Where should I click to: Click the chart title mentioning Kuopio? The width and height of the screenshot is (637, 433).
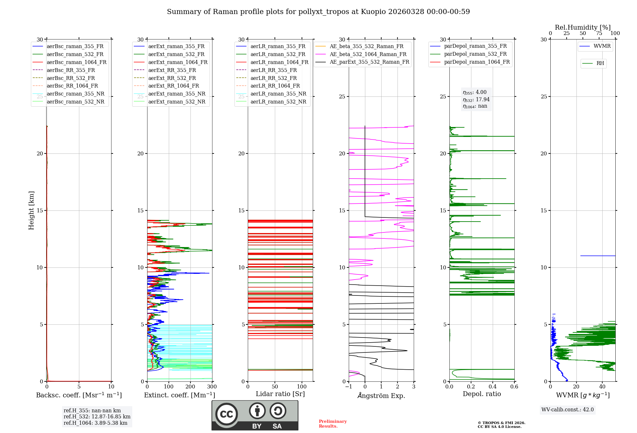coord(318,12)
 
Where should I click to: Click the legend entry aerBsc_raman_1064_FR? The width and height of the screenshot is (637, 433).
coord(76,62)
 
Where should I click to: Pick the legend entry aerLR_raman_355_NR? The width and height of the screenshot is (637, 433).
coord(278,94)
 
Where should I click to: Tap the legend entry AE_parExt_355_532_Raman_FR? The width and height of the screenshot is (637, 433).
coord(369,62)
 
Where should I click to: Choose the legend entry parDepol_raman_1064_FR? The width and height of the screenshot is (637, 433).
coord(477,62)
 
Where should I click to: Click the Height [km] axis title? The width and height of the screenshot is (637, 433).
coord(31,210)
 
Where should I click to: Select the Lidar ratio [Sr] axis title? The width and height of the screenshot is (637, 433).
coord(280,394)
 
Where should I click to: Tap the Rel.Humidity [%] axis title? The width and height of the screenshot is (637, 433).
coord(583,27)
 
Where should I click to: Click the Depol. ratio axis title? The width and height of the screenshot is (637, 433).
coord(482,394)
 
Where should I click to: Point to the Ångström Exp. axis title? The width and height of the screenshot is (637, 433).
coord(381,395)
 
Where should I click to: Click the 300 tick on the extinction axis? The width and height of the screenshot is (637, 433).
coord(212,387)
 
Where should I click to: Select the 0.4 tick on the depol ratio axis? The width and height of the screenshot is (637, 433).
coord(493,387)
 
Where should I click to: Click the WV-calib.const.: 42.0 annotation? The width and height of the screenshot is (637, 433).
coord(567,409)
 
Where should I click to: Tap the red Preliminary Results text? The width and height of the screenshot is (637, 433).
coord(333,424)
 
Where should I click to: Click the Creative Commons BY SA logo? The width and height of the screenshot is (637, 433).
coord(255,415)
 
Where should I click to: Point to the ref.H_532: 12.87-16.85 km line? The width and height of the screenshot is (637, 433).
coord(97,416)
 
